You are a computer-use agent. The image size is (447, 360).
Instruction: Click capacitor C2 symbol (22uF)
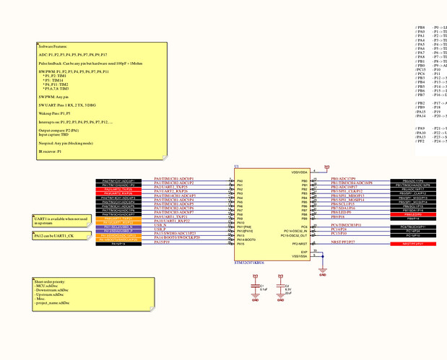tap(282, 290)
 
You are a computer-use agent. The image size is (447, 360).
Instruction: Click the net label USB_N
tap(160, 225)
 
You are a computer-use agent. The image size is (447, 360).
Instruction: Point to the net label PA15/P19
tap(162, 242)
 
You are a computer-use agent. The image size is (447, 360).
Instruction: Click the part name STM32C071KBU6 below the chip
tap(249, 264)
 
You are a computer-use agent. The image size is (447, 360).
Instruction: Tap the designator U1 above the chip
tap(237, 167)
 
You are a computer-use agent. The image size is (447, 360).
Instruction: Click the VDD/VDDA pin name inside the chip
tap(298, 172)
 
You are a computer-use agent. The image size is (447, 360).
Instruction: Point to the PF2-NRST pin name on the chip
tap(299, 244)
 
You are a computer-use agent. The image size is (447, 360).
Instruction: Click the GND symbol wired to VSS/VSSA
tap(323, 273)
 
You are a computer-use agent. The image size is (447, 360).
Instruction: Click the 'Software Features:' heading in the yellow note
tap(54, 46)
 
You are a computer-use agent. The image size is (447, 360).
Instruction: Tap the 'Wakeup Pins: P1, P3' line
tap(54, 114)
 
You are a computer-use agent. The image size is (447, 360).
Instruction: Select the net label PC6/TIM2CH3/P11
tap(347, 225)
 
